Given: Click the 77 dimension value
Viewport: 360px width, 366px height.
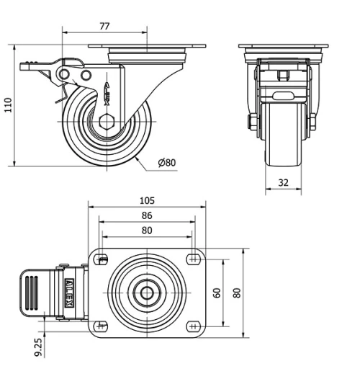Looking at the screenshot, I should pos(104,26).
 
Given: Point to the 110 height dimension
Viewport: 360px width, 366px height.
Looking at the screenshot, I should pos(9,105).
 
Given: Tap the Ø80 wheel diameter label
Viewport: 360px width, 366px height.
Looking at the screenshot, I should pos(167,163).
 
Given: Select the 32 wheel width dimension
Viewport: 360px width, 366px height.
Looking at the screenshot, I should pos(283,183).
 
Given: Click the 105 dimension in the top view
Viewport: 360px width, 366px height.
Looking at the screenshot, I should pos(147,200).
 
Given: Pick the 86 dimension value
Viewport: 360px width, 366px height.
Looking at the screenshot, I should pos(147,215).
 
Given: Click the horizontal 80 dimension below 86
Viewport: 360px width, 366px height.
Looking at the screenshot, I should pos(147,231).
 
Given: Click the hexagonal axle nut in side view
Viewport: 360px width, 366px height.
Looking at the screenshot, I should pos(107,122).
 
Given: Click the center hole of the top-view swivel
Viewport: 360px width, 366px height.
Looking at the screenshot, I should pos(147,293).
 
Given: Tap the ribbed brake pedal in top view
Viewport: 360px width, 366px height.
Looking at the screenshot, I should pos(32,293).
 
